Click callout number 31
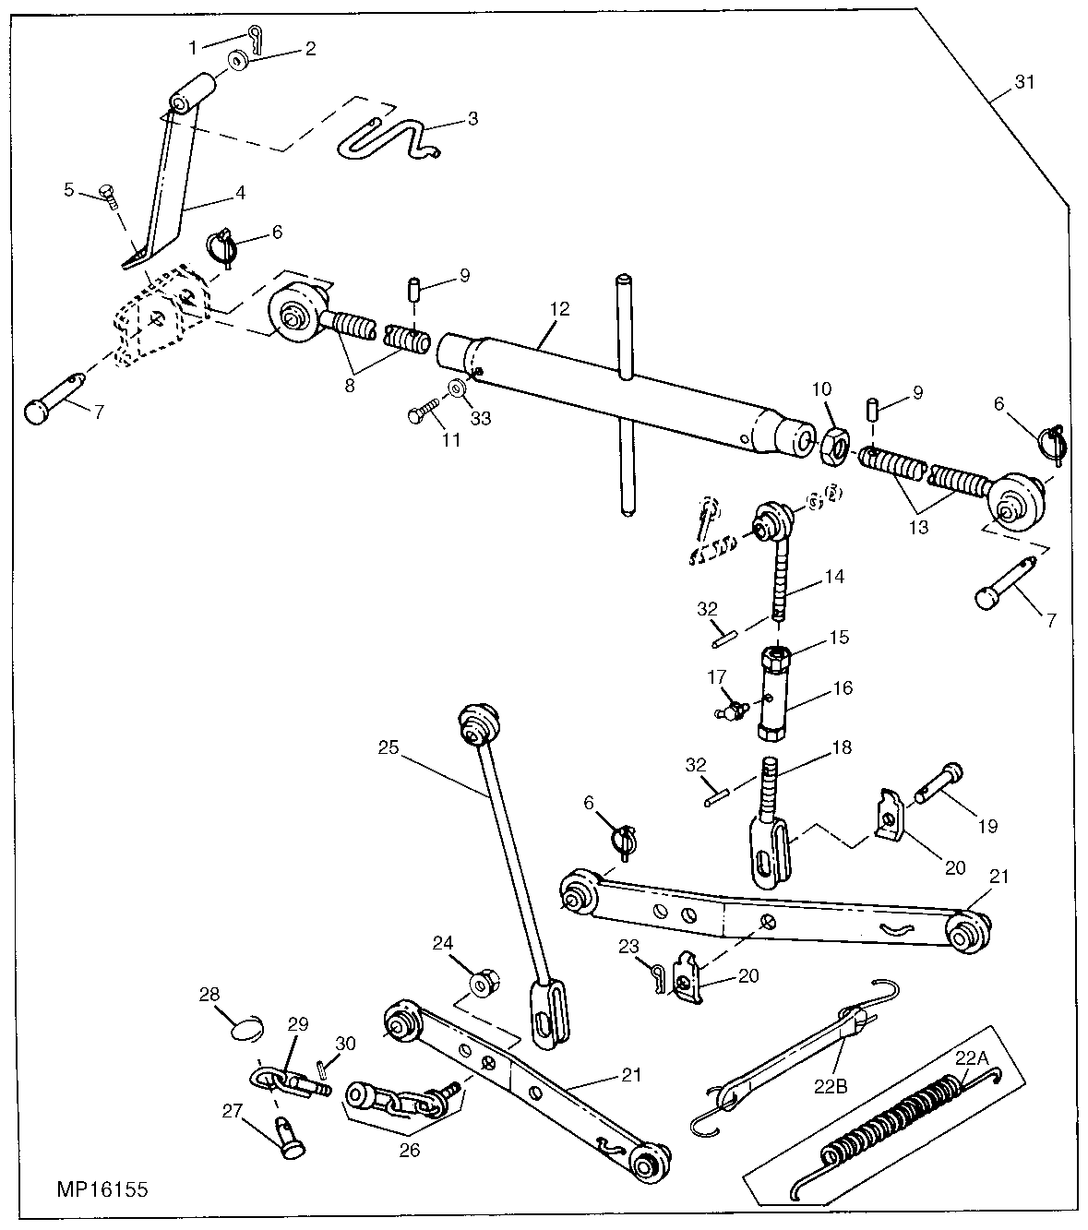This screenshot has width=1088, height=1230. point(1024,82)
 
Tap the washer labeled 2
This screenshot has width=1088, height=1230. point(239,61)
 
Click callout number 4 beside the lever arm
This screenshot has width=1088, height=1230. point(240,194)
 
